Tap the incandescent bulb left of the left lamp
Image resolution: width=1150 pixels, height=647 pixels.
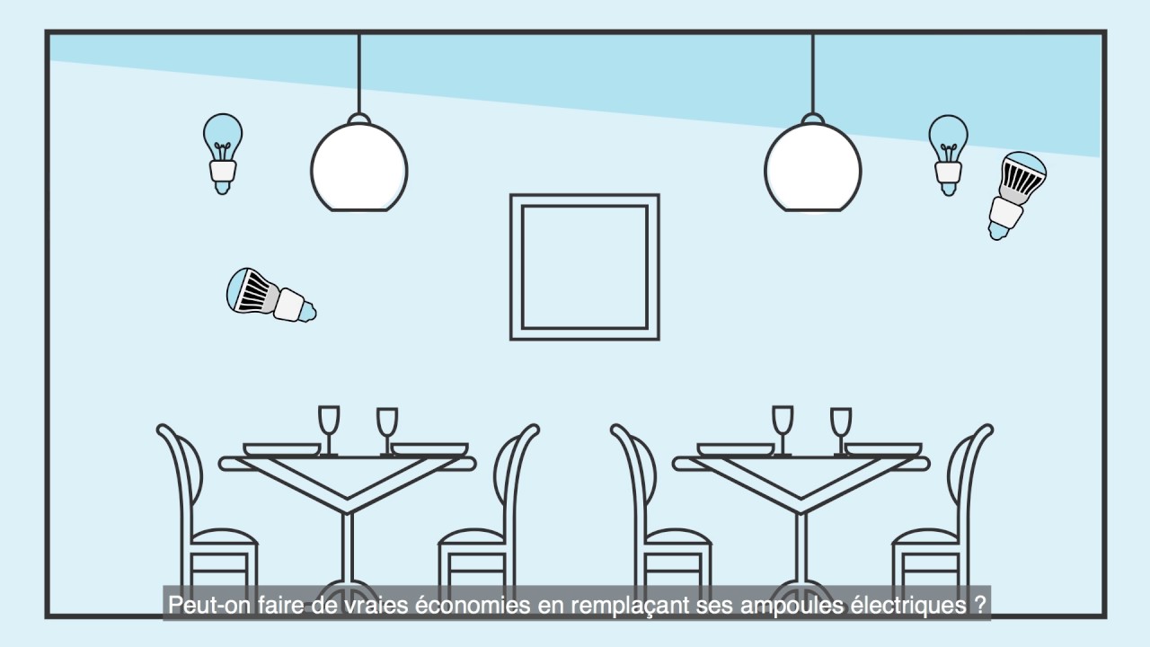coord(223,154)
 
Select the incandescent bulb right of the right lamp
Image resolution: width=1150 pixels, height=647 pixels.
coord(948,155)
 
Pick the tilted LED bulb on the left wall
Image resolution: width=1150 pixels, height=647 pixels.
coord(271,296)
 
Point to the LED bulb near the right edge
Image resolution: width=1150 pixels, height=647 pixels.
coord(1016,195)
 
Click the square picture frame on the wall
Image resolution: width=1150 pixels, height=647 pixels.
coord(585,267)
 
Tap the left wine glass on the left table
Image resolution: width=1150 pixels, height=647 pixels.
coord(329,430)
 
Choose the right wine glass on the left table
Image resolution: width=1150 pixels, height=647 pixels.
coord(387,431)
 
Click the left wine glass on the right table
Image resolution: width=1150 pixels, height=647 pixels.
coord(783,430)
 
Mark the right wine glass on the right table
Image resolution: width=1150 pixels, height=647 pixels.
coord(841,431)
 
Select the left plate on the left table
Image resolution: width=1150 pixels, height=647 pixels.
coord(281,450)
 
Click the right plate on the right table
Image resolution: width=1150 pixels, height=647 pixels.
coord(883,450)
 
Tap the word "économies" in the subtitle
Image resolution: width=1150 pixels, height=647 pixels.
coord(472,605)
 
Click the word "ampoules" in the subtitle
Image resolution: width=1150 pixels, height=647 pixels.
coord(792,606)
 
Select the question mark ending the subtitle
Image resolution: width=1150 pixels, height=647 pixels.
coord(980,605)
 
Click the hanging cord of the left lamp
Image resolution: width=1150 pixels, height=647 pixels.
coord(358,74)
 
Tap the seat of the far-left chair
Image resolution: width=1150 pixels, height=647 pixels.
coord(224,536)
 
